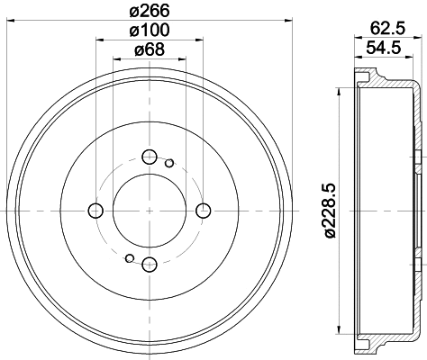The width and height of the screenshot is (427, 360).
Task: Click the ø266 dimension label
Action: [x=150, y=12]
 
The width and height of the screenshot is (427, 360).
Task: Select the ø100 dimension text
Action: [x=150, y=32]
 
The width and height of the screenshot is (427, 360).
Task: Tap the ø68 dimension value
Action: [x=150, y=50]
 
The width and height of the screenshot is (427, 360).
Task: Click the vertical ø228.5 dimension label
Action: [x=329, y=210]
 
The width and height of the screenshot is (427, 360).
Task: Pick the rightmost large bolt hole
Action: [x=203, y=211]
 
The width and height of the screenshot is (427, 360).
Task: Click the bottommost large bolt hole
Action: [x=150, y=263]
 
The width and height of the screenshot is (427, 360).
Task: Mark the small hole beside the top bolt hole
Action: [x=169, y=163]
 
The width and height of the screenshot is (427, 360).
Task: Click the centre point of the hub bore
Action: [x=150, y=211]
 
